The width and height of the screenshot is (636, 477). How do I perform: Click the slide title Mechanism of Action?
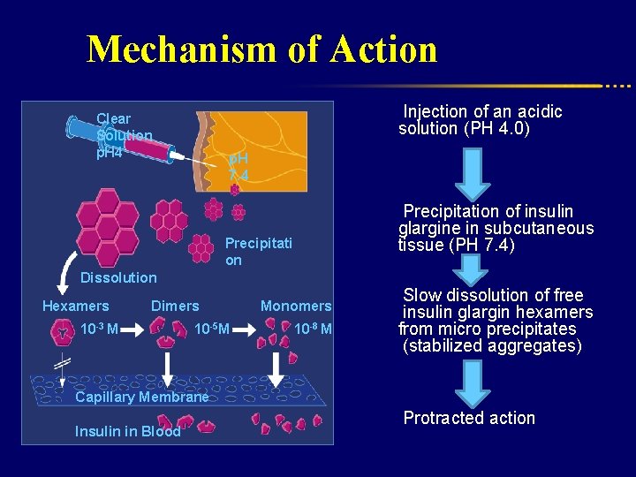click(x=261, y=49)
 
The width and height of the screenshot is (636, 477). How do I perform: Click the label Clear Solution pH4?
click(x=123, y=135)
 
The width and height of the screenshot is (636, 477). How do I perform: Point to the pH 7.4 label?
click(x=238, y=167)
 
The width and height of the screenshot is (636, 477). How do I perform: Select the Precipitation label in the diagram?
click(x=258, y=251)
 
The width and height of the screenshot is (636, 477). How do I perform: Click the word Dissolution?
click(x=118, y=277)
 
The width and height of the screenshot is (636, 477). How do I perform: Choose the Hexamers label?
click(x=76, y=307)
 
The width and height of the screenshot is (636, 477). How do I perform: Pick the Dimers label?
click(x=175, y=307)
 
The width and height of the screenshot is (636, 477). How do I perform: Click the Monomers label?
click(x=296, y=307)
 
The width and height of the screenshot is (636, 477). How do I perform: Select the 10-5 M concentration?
click(x=211, y=329)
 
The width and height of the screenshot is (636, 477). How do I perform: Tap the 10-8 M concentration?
click(x=313, y=329)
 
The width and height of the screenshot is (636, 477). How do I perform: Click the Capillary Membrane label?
click(x=141, y=397)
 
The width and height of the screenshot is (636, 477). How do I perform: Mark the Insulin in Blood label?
click(x=128, y=431)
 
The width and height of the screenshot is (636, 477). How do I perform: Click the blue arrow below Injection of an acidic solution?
click(x=473, y=174)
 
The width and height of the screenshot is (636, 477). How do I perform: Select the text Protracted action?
click(x=469, y=418)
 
